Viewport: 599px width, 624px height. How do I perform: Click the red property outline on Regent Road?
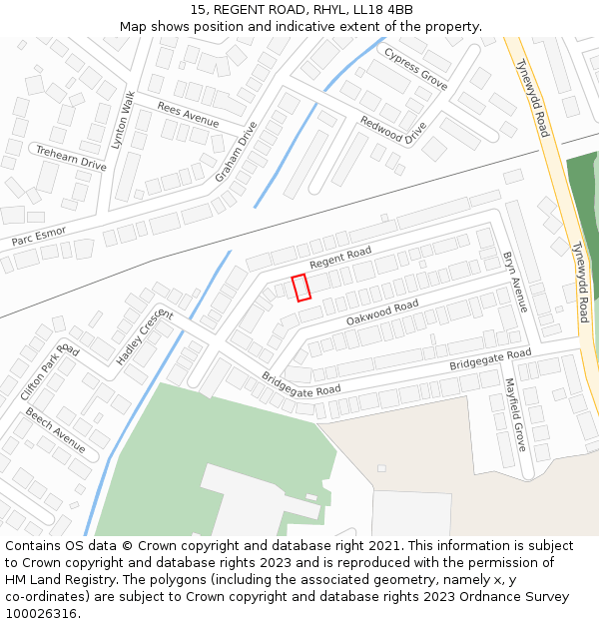click(x=300, y=287)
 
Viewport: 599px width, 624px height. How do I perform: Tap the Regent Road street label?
click(x=340, y=258)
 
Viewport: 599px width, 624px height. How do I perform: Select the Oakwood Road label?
click(x=382, y=312)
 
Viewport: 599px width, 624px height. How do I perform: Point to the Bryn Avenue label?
click(x=515, y=282)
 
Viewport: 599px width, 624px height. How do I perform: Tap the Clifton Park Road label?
click(x=49, y=371)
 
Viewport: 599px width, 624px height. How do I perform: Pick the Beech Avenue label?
click(x=55, y=429)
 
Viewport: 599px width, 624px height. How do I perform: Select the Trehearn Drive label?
click(x=71, y=156)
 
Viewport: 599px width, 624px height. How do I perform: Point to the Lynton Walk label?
click(x=123, y=120)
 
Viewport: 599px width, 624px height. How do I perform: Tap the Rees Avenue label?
click(x=188, y=115)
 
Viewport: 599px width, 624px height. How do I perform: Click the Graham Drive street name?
click(x=237, y=152)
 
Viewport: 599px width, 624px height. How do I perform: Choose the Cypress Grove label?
click(x=416, y=67)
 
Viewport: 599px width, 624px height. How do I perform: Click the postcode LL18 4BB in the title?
click(x=379, y=10)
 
